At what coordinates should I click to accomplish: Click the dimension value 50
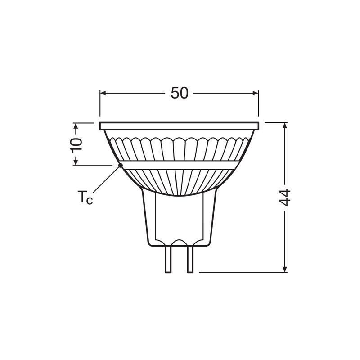[x=179, y=93]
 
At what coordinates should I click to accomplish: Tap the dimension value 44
[x=285, y=197]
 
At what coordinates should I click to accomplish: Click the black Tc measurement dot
[x=120, y=166]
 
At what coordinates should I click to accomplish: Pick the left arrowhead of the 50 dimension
[x=103, y=93]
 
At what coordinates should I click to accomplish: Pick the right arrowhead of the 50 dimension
[x=256, y=93]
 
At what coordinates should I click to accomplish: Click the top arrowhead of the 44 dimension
[x=285, y=126]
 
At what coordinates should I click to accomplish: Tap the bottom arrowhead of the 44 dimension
[x=285, y=269]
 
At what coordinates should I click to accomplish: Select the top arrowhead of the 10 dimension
[x=76, y=126]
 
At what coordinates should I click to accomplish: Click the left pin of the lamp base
[x=169, y=260]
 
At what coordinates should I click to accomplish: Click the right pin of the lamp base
[x=190, y=260]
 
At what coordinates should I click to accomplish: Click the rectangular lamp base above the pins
[x=179, y=220]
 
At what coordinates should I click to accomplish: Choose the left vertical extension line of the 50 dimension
[x=99, y=106]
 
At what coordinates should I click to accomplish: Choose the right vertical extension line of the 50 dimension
[x=259, y=106]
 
